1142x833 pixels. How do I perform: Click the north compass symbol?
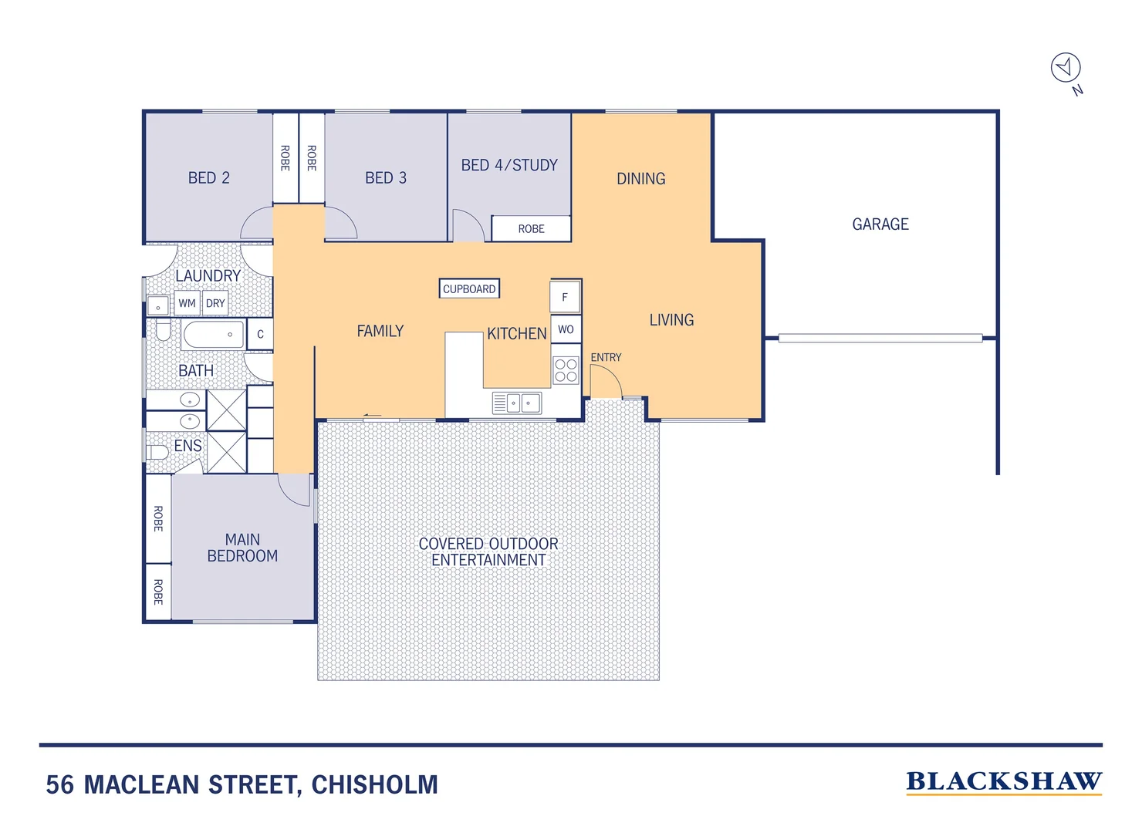pos(1066,68)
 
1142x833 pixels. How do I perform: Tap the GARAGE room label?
pos(880,224)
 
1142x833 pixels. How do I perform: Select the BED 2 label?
pos(208,178)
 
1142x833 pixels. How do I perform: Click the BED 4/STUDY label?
pos(509,165)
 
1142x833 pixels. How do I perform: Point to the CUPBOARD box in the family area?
pos(469,289)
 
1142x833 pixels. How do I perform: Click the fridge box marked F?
pos(565,297)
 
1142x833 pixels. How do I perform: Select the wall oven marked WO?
pos(566,329)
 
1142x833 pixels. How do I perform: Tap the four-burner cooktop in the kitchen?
pos(566,370)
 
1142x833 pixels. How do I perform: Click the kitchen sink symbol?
pos(517,403)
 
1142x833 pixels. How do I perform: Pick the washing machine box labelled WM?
pos(187,303)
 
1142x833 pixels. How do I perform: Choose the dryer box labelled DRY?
pos(215,303)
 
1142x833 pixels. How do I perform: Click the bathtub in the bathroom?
pos(213,335)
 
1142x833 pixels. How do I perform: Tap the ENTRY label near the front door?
pos(606,358)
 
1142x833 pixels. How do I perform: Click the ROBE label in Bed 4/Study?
pos(531,229)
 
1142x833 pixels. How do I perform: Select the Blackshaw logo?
pos(1003,782)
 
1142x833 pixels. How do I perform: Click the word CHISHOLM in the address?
pos(374,785)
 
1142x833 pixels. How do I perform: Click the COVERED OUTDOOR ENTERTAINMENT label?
pos(488,552)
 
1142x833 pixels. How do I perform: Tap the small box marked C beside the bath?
pos(260,335)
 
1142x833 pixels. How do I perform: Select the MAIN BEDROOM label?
pos(242,548)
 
